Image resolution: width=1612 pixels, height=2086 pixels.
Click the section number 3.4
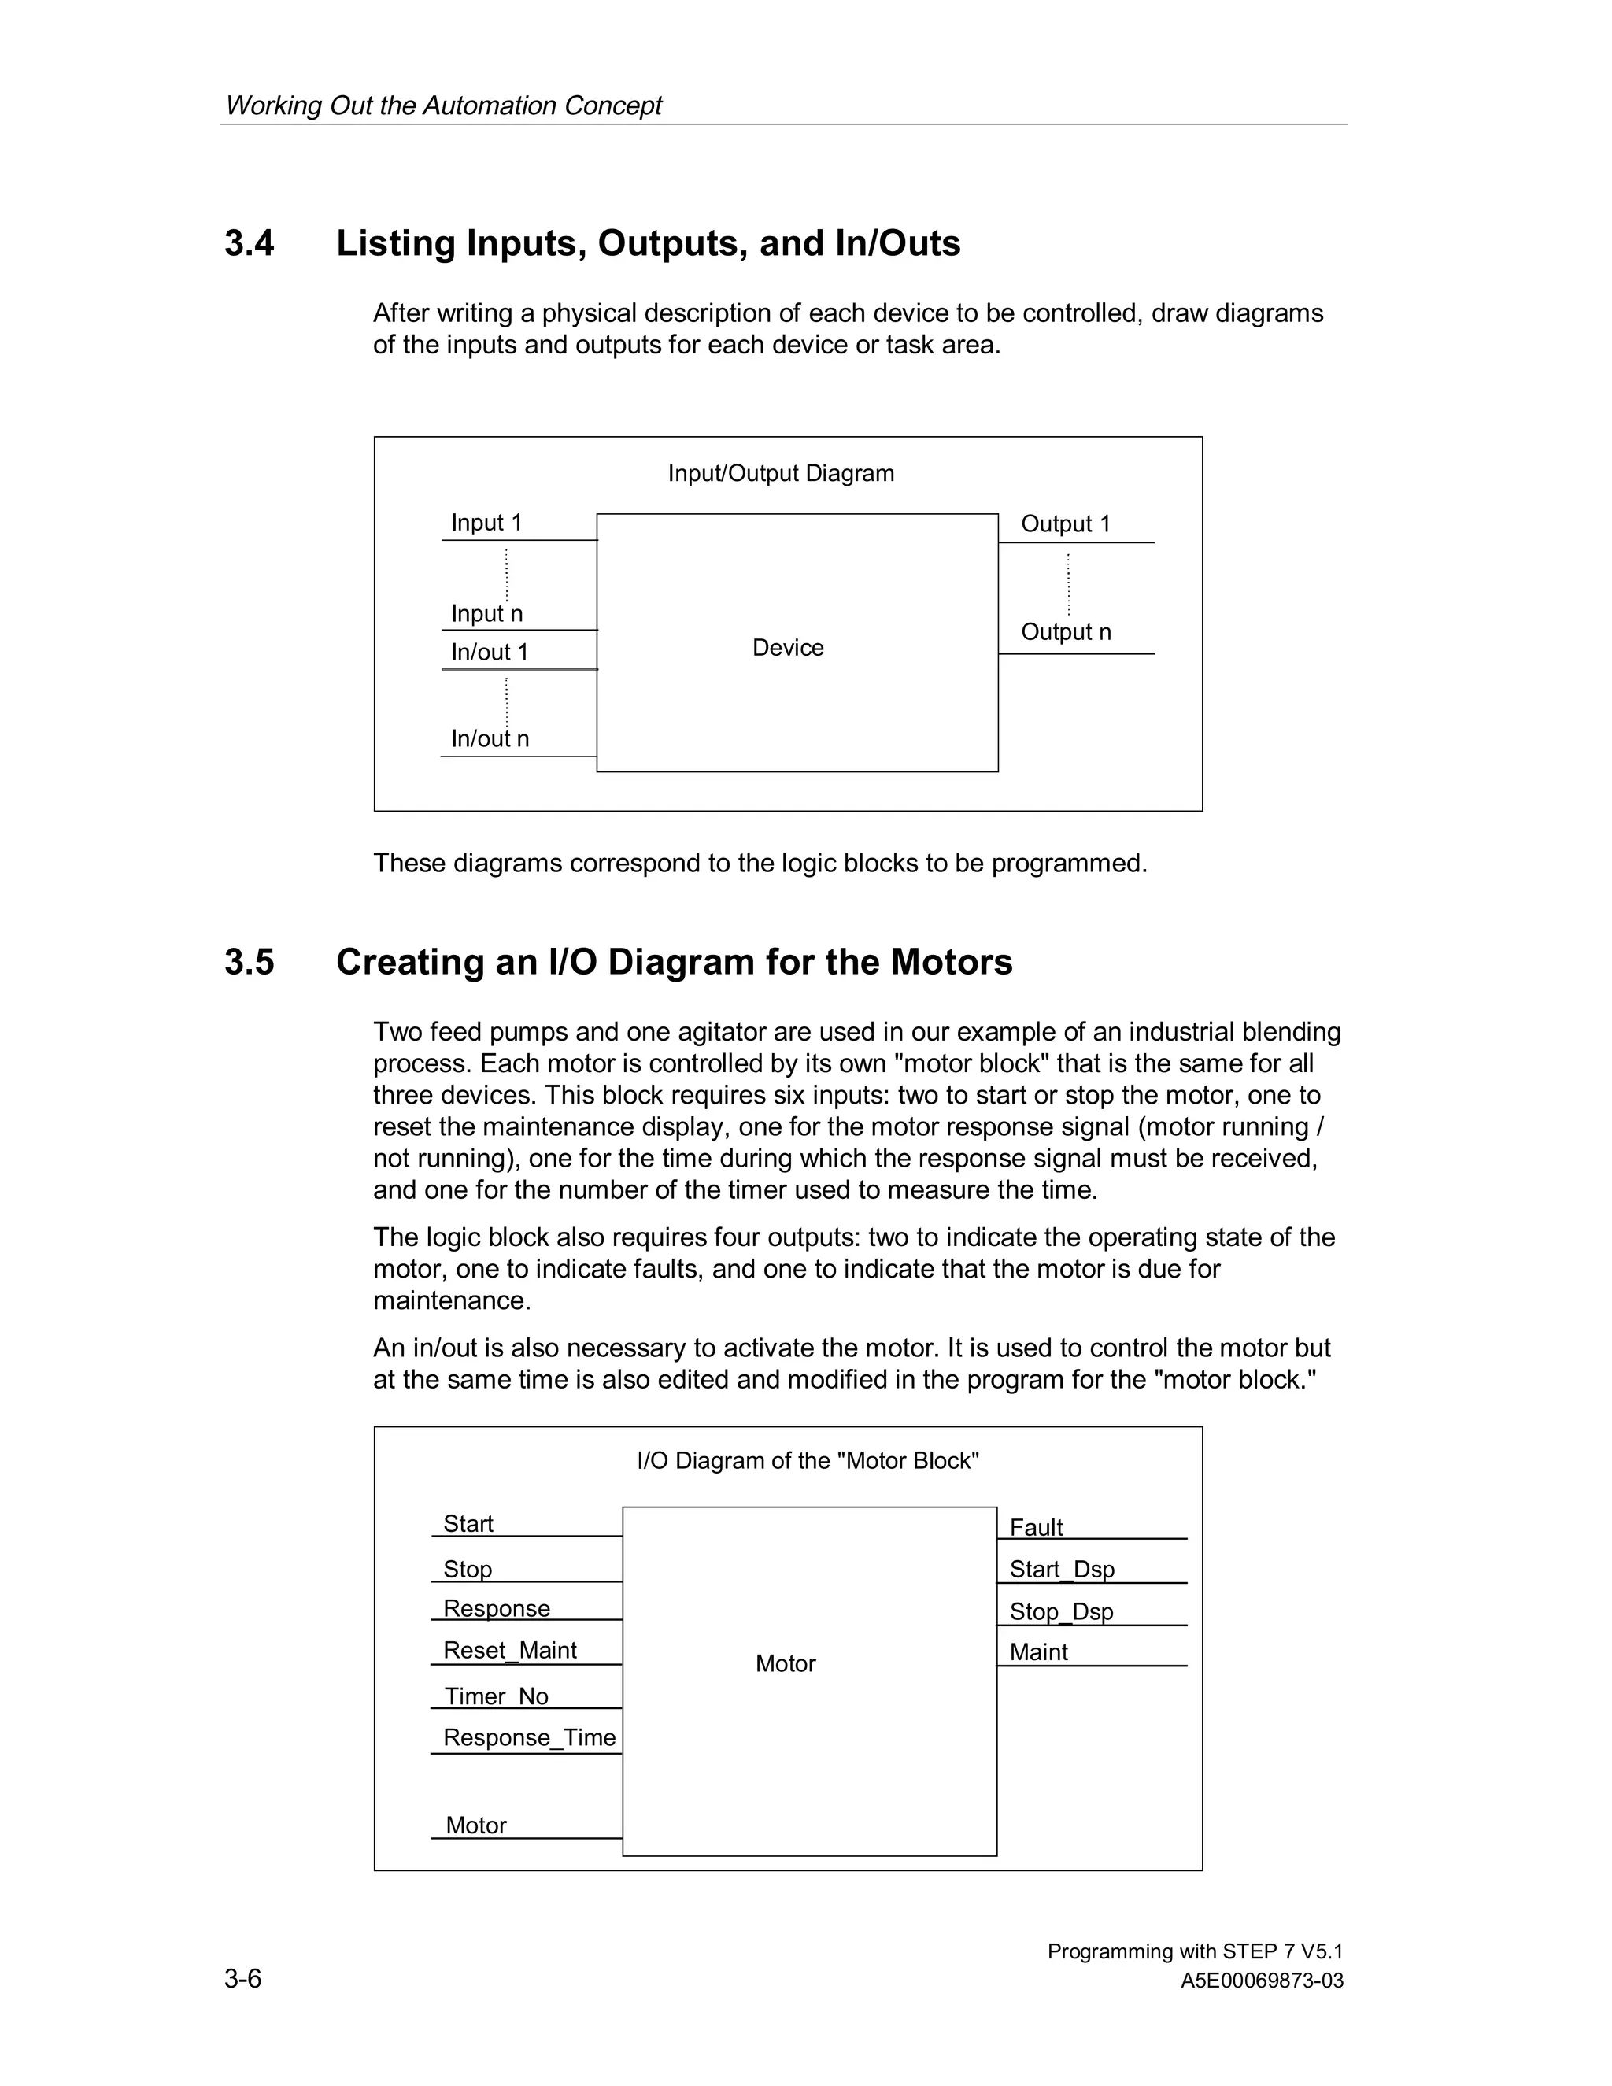point(250,243)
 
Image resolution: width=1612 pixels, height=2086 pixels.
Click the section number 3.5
point(250,962)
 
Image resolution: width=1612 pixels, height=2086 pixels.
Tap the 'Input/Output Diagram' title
point(780,473)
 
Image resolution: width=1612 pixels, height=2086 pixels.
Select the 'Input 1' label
point(486,523)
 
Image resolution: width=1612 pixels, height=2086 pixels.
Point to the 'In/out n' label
point(489,738)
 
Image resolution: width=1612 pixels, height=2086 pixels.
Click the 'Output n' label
point(1066,631)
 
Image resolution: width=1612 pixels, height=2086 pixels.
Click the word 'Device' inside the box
point(788,648)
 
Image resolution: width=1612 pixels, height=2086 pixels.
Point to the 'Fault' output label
point(1036,1527)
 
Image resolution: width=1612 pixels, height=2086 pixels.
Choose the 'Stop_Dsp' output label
point(1061,1611)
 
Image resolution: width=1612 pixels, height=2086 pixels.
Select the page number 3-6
point(242,1978)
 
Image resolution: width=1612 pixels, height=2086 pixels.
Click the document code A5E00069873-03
point(1262,1981)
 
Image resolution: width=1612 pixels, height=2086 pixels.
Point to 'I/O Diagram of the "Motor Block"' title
point(808,1460)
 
